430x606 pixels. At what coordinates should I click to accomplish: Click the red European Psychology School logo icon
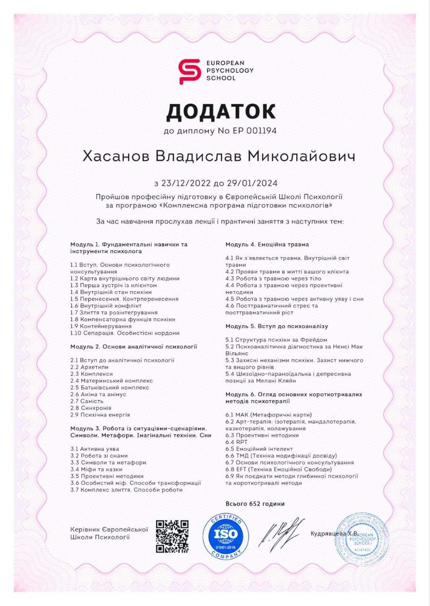tap(189, 71)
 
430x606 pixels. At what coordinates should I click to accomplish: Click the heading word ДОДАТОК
tap(221, 111)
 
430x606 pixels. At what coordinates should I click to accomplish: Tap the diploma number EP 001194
tap(254, 131)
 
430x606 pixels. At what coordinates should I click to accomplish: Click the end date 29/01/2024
tap(254, 183)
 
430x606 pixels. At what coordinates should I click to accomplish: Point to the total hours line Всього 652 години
tap(255, 504)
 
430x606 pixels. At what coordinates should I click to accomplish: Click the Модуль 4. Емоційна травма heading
tap(267, 244)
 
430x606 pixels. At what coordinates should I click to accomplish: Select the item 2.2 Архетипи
tap(89, 367)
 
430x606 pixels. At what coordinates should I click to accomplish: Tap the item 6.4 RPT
tap(236, 442)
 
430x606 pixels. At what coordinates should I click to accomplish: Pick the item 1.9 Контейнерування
tap(100, 326)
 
